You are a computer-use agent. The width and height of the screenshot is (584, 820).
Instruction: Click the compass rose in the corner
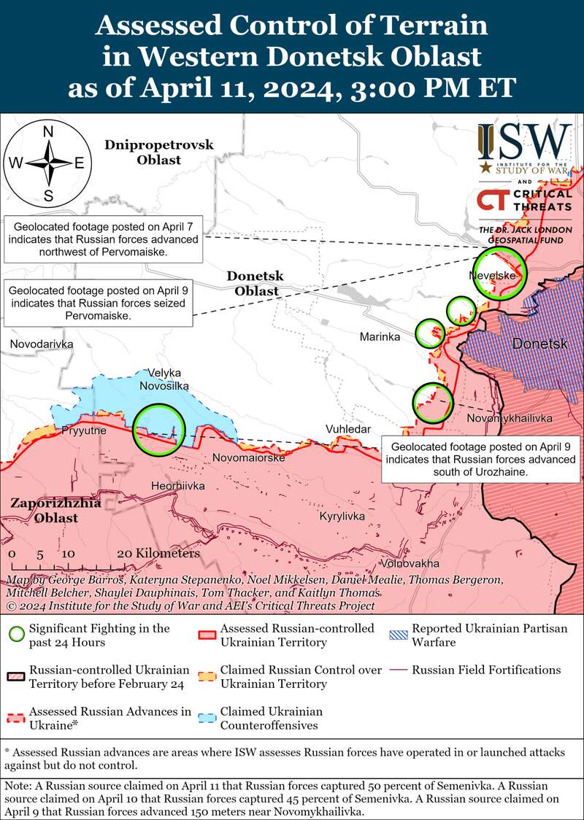[49, 163]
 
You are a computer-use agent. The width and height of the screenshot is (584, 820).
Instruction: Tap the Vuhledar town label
[348, 429]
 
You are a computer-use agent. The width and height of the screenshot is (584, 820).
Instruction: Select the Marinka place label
[380, 336]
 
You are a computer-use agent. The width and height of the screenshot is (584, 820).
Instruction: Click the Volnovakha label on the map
[410, 563]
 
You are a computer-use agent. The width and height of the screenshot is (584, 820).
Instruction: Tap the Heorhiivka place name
[177, 486]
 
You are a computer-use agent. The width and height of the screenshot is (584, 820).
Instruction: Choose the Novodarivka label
[42, 343]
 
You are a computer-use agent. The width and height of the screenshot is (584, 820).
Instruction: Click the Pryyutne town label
[84, 430]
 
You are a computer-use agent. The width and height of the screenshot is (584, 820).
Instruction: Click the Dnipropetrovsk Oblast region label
[158, 152]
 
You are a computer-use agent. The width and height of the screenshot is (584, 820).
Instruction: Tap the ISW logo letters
[525, 142]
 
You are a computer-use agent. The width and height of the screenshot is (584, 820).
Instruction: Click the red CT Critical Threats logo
[524, 201]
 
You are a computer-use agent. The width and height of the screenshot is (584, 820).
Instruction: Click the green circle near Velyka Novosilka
[158, 429]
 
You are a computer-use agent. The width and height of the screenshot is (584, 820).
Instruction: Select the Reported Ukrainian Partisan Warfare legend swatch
[397, 635]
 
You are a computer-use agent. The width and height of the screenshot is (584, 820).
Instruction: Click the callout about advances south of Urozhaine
[483, 460]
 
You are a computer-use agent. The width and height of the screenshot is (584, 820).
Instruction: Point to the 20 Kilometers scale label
[158, 554]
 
